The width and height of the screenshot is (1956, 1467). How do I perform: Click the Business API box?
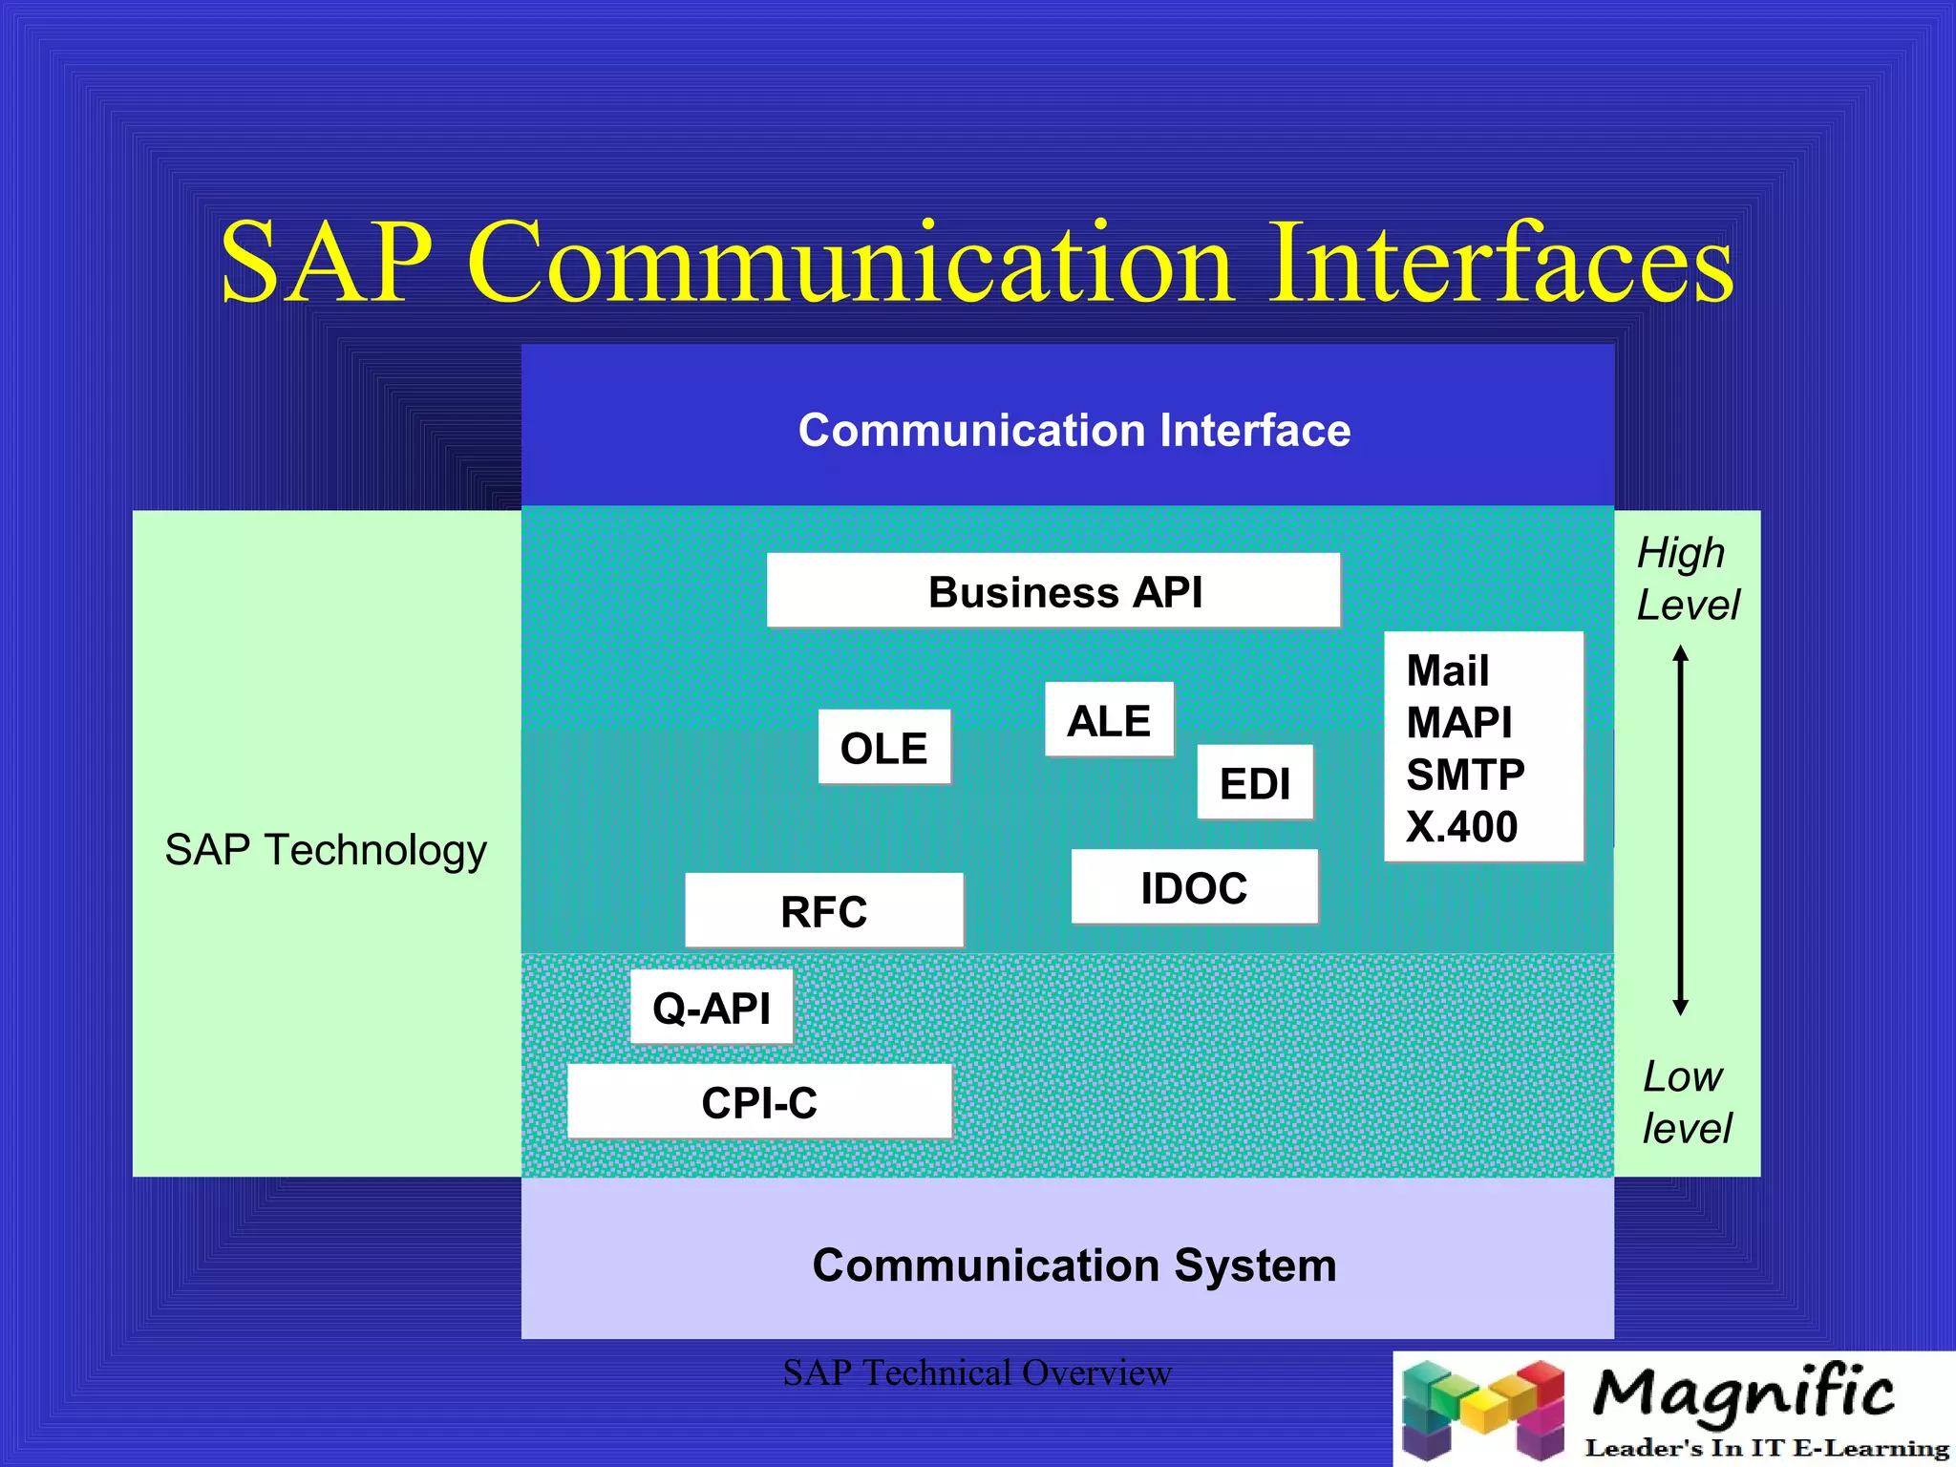tap(1053, 591)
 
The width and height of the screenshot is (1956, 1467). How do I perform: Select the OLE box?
tap(884, 748)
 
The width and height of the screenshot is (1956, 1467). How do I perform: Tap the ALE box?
tap(1109, 720)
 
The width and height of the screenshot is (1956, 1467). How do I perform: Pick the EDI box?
tap(1255, 783)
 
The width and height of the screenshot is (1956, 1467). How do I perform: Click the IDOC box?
tap(1194, 887)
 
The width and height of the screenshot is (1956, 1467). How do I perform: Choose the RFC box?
tap(824, 911)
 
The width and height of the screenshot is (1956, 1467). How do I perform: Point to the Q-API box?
tap(712, 1008)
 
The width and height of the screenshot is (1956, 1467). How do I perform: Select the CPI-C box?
tap(759, 1102)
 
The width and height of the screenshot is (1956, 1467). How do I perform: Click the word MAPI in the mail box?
tap(1458, 722)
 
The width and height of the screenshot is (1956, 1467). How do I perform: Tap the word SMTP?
tap(1465, 775)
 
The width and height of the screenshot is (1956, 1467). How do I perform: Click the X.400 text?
tap(1461, 827)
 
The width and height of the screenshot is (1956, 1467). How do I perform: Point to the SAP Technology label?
tap(326, 849)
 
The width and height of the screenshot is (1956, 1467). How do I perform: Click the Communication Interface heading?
tap(1074, 430)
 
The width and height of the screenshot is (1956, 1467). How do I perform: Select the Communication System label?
tap(1074, 1265)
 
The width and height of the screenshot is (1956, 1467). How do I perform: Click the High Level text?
tap(1687, 579)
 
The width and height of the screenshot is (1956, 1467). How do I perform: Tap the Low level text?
tap(1686, 1102)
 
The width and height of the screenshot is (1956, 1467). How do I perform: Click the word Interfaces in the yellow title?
tap(1500, 263)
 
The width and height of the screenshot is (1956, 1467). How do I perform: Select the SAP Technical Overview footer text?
tap(977, 1372)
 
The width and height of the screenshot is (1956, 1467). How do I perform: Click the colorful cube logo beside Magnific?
tap(1482, 1410)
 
